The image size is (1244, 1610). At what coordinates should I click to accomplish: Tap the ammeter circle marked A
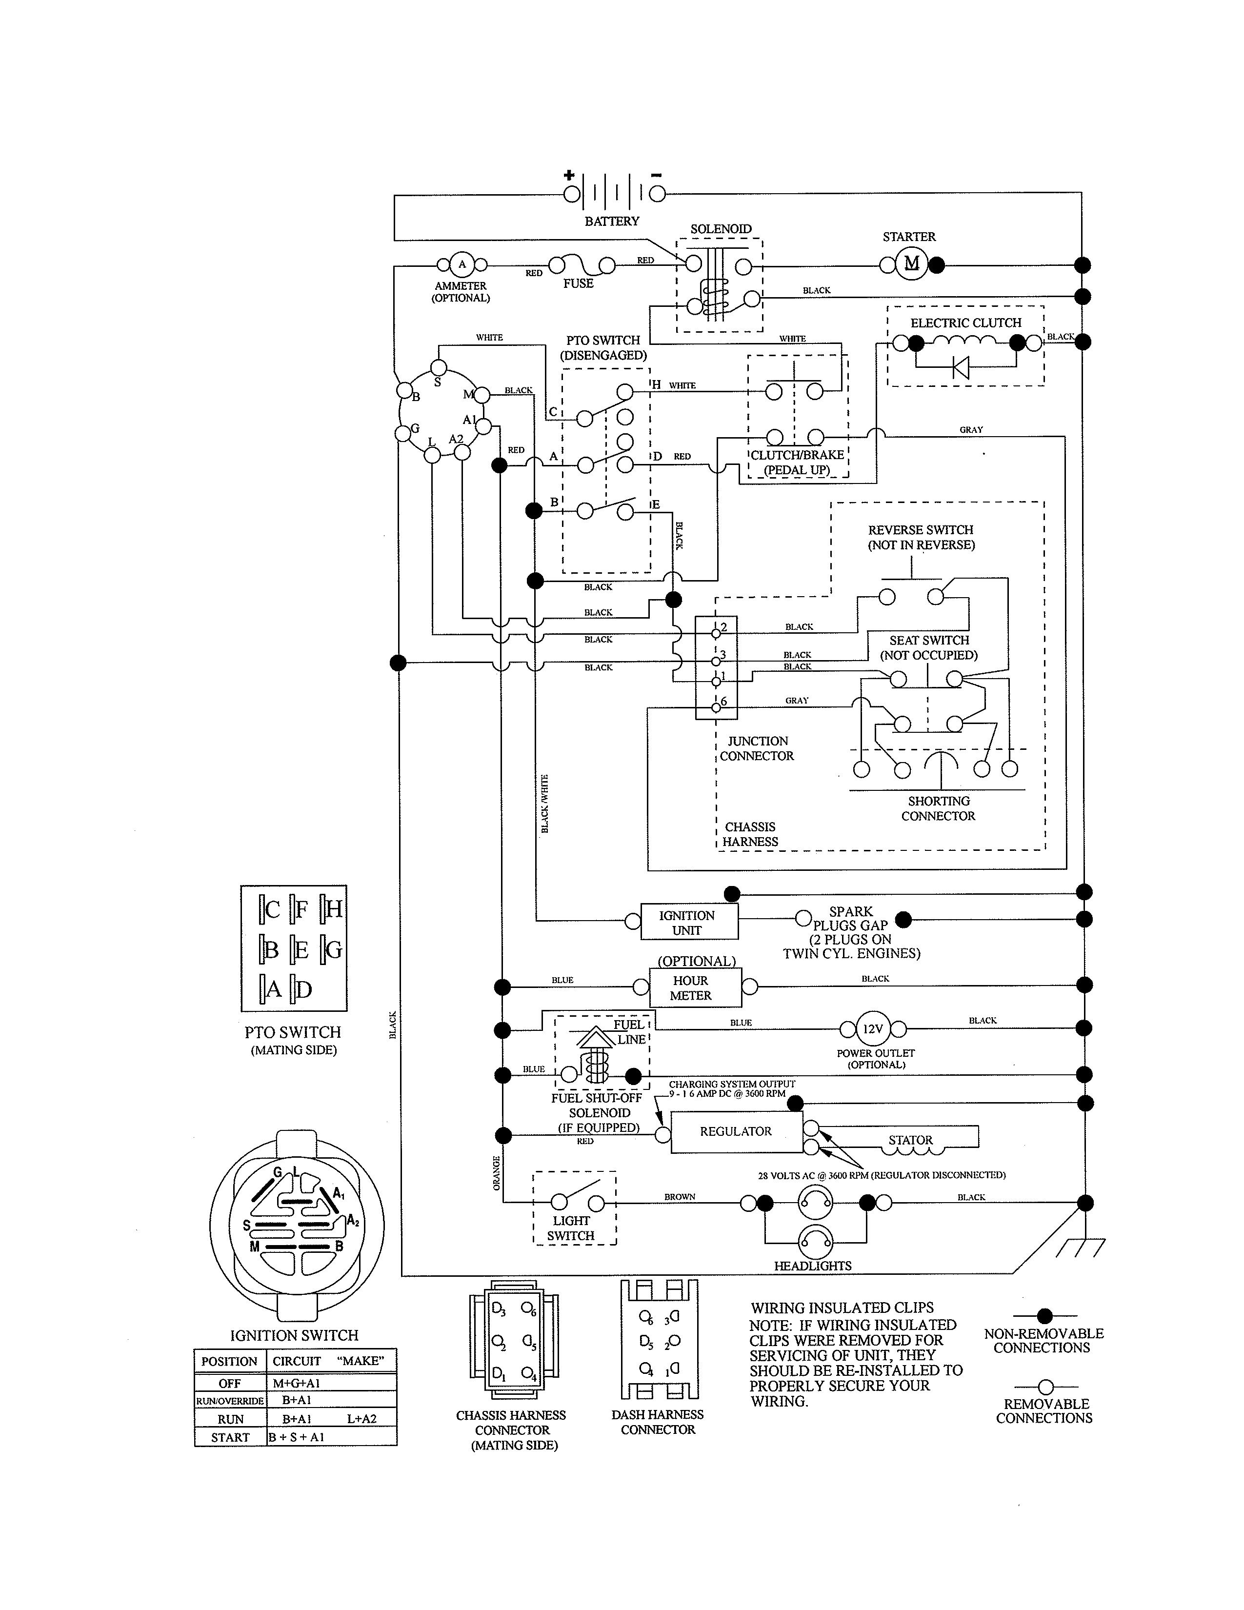tap(462, 264)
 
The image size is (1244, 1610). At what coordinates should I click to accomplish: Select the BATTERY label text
tap(612, 221)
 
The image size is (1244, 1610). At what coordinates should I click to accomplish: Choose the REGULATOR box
tap(736, 1131)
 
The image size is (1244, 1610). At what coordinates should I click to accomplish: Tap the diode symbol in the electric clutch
tap(960, 366)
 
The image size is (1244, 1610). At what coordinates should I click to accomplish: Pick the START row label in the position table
tap(230, 1437)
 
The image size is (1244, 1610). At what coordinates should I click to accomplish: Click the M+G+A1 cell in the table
tap(296, 1384)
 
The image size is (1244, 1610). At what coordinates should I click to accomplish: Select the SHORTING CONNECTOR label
tap(938, 809)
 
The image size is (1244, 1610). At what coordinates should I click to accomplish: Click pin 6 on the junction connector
tap(716, 708)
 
